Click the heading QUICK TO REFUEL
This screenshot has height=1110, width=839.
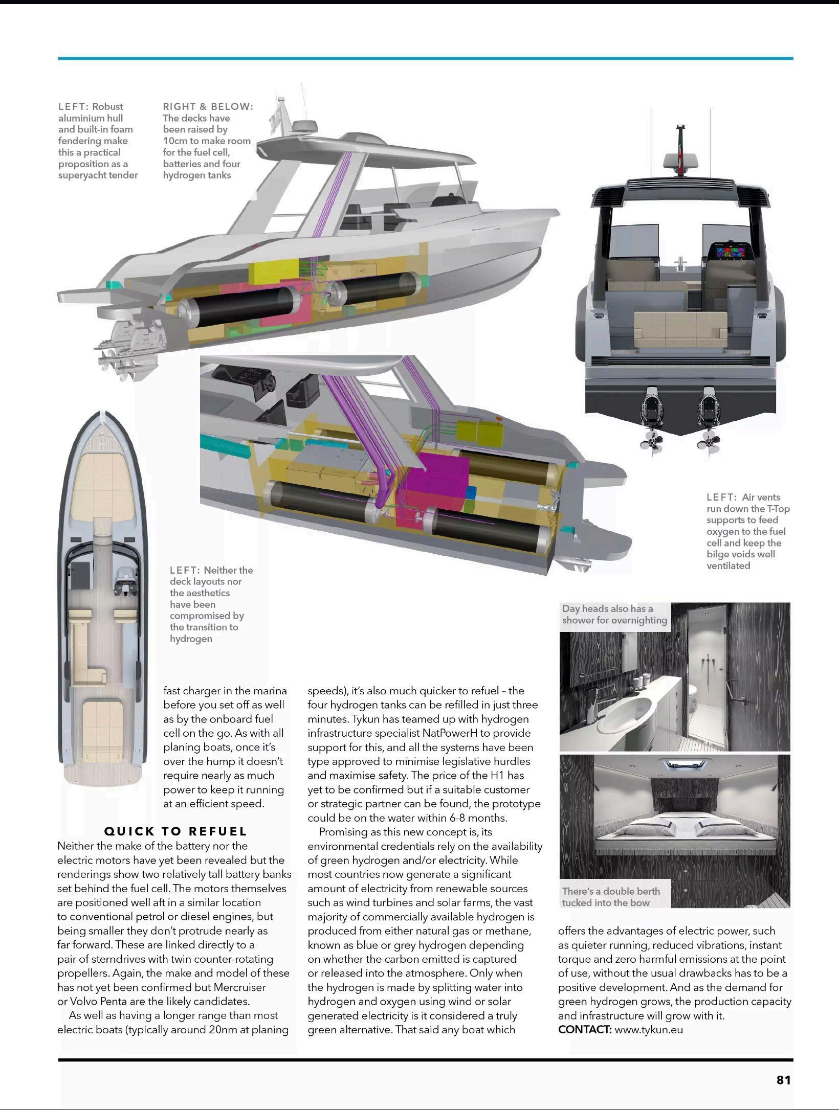[x=175, y=831]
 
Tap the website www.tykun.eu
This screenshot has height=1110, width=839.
[x=649, y=1029]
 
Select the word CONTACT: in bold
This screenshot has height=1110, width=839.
[x=584, y=1029]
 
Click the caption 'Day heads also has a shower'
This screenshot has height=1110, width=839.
[x=614, y=614]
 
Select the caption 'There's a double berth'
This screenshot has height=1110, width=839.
[x=611, y=896]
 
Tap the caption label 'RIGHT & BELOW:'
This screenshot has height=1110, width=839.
[x=208, y=106]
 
